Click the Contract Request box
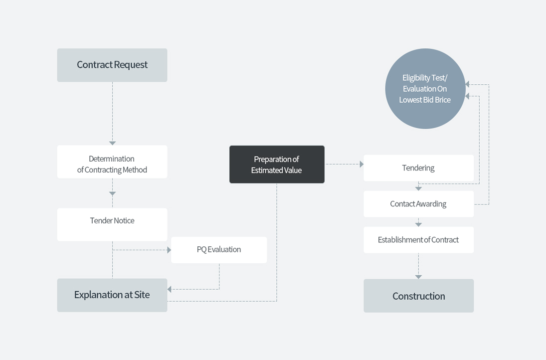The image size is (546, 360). point(112,65)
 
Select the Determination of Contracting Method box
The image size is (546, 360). point(112,162)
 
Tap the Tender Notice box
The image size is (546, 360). point(112,224)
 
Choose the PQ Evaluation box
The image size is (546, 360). point(219,250)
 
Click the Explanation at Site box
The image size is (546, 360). point(112,295)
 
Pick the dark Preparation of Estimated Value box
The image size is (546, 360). point(277,165)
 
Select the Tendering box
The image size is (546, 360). point(418,168)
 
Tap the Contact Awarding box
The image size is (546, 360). point(418,204)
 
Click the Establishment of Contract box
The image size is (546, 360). point(418,240)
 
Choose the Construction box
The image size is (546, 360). point(418,296)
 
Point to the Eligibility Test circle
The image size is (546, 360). point(425,89)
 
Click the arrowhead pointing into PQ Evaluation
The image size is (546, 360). point(169,250)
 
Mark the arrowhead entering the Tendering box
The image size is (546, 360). point(362,164)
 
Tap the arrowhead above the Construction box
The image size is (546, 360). point(418,277)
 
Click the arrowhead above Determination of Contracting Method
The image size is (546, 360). point(112,143)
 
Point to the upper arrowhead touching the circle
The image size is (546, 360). point(467,84)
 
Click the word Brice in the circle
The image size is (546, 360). point(443,100)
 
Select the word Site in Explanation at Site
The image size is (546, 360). point(142,295)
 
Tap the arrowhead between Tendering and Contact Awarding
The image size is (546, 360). point(418,188)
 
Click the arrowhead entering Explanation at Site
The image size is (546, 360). point(169,289)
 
